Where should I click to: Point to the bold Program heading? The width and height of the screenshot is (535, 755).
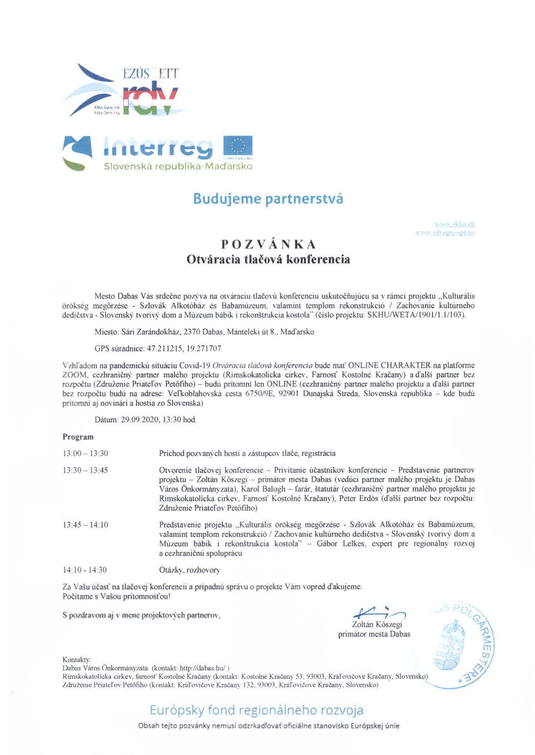[x=78, y=437]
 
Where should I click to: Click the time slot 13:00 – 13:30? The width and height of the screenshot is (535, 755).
[x=85, y=453]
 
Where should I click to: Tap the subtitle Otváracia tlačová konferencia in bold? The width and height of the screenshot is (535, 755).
[x=268, y=260]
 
